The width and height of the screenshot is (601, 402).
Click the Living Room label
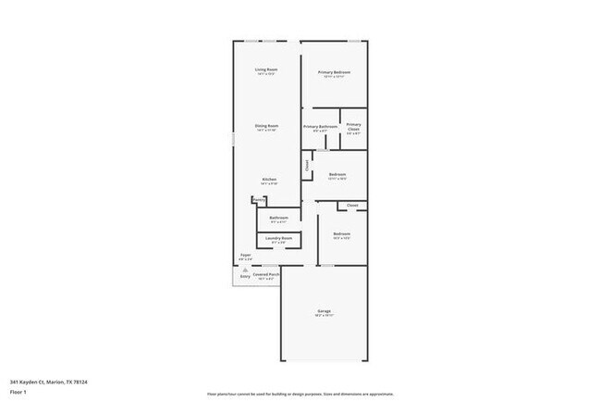pos(266,70)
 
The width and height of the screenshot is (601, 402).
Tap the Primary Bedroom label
pos(335,72)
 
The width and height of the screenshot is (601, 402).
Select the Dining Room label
pos(266,126)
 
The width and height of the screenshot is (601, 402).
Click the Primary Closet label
pos(353,127)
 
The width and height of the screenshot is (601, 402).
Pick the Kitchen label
pos(269,179)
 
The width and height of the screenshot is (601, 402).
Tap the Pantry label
pos(259,199)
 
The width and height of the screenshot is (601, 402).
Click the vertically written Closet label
pos(307,166)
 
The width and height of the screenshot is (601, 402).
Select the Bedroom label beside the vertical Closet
pos(337,174)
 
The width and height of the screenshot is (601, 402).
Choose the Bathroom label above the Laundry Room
pos(278,219)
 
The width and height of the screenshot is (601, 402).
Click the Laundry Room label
pos(278,239)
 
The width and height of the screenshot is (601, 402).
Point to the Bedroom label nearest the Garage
pos(341,234)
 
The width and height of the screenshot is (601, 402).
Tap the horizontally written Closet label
pos(352,205)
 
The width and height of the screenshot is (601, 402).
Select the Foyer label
pos(246,255)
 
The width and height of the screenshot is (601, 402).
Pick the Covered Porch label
pos(266,274)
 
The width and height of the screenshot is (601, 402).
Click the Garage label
pos(325,311)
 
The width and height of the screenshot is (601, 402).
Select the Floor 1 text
pos(18,392)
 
